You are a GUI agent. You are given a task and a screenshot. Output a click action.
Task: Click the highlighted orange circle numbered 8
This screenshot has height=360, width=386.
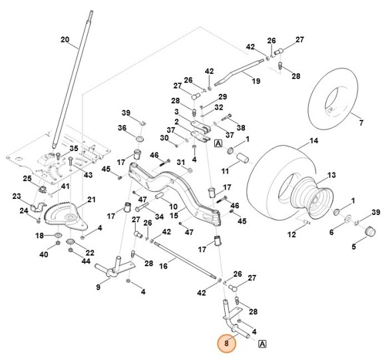point(226,343)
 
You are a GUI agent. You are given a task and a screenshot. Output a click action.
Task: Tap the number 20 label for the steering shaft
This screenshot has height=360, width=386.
point(65,40)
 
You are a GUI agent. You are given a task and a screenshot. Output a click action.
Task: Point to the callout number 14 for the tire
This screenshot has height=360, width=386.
point(313,141)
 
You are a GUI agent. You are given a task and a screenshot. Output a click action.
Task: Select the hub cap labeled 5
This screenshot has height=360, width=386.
point(353,247)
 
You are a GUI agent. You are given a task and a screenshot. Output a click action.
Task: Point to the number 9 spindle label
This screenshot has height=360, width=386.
point(98,287)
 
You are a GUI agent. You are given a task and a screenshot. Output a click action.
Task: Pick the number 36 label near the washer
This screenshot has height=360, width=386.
point(122,128)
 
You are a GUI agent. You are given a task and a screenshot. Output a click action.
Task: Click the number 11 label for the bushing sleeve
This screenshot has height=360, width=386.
point(226,171)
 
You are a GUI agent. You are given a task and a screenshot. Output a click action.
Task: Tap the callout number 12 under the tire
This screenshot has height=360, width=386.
point(290,234)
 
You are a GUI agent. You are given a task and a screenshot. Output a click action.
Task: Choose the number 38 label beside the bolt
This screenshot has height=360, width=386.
point(241,128)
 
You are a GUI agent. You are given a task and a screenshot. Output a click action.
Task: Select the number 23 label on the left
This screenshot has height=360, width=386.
point(17,197)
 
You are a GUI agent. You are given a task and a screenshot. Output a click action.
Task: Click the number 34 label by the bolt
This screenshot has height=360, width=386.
point(159,216)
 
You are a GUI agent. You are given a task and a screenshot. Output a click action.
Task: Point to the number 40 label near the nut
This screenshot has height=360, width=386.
point(44,254)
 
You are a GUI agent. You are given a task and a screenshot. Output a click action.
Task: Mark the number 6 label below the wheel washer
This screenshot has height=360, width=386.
point(331,232)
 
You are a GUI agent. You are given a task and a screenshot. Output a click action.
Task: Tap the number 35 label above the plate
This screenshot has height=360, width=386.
point(74,148)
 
